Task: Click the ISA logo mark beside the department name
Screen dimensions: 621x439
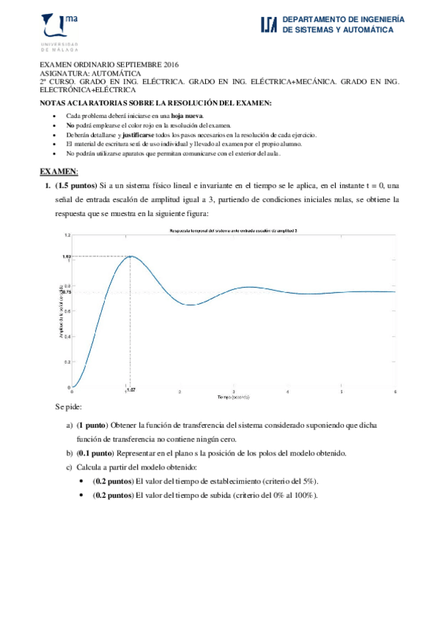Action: pos(269,25)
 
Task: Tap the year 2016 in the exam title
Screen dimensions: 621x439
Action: pos(169,65)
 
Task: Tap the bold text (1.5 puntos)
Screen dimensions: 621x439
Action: pos(75,186)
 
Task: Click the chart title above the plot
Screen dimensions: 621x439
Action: pos(233,230)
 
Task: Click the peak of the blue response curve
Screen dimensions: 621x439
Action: pos(129,256)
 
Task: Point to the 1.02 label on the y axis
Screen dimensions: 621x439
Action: pos(66,256)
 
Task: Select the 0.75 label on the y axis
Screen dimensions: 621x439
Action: pos(66,292)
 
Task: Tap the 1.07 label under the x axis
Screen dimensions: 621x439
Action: pos(130,390)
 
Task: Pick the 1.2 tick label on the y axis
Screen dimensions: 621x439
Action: pos(67,235)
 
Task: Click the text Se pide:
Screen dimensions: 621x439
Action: pos(68,406)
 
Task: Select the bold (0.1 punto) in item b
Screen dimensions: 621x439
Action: pos(101,453)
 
